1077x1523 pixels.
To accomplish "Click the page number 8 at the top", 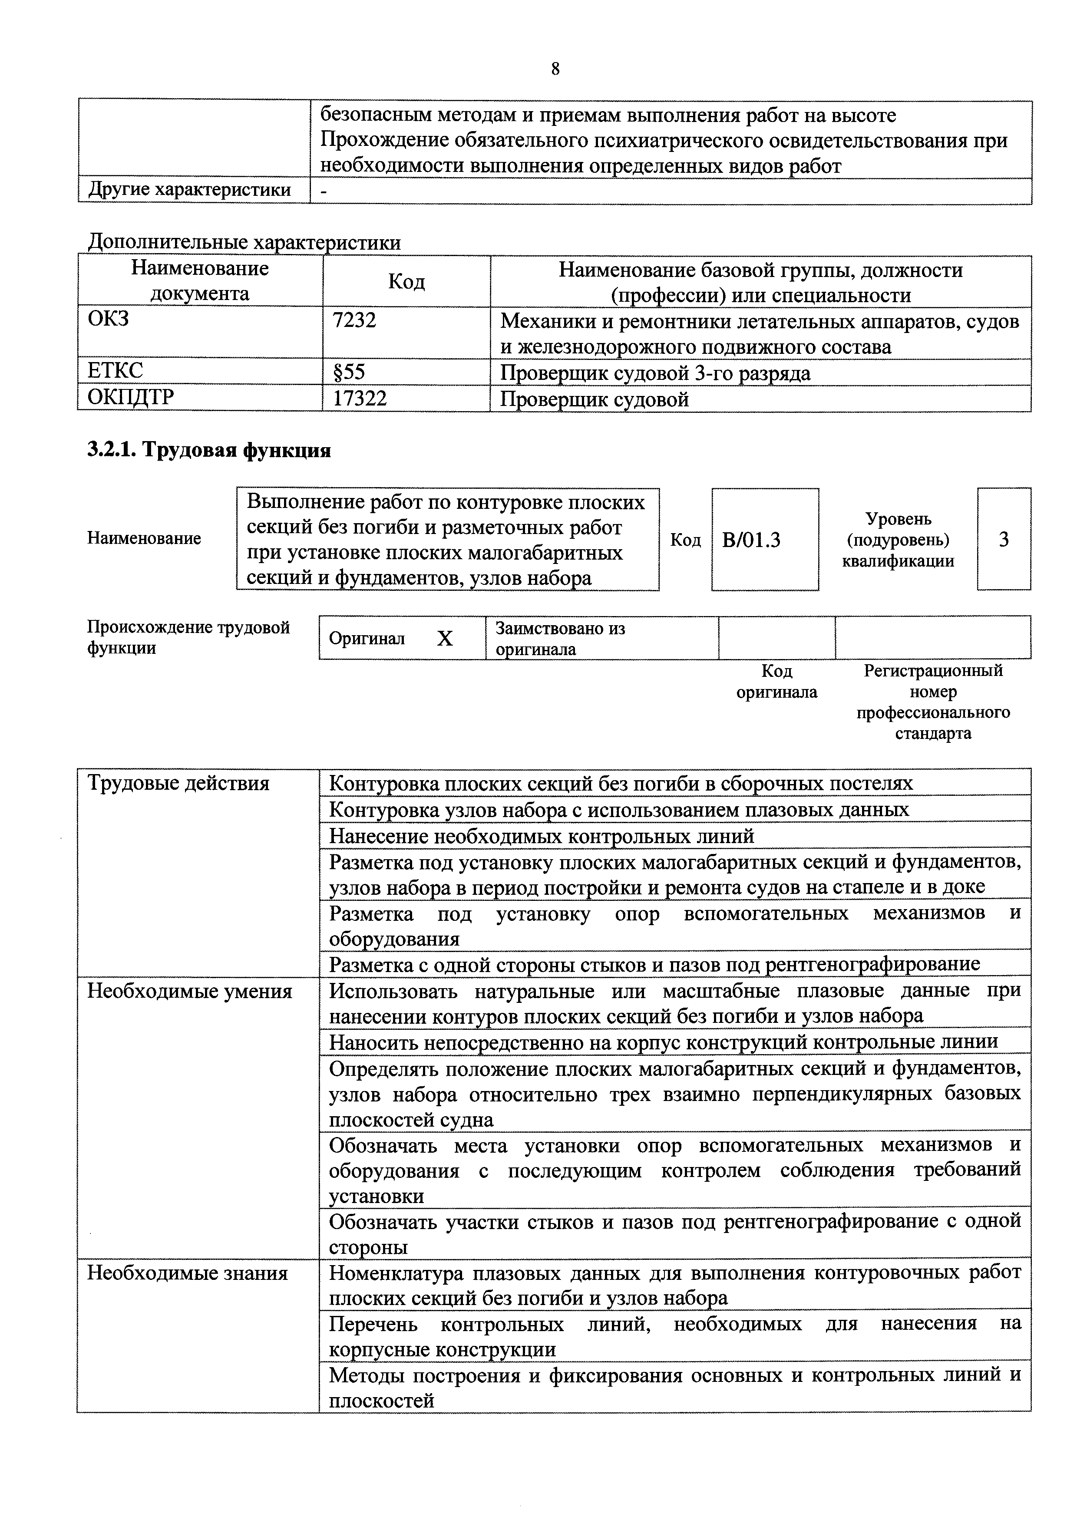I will pyautogui.click(x=555, y=69).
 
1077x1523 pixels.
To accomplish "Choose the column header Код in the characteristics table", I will pyautogui.click(x=406, y=281).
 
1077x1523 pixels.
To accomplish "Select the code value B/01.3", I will pyautogui.click(x=751, y=540).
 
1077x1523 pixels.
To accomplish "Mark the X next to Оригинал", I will pyautogui.click(x=445, y=638).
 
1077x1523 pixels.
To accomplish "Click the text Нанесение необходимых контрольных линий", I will pyautogui.click(x=542, y=836).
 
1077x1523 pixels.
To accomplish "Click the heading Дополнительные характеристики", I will pyautogui.click(x=244, y=243).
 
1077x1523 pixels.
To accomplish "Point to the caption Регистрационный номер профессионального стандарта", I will pyautogui.click(x=932, y=702).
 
